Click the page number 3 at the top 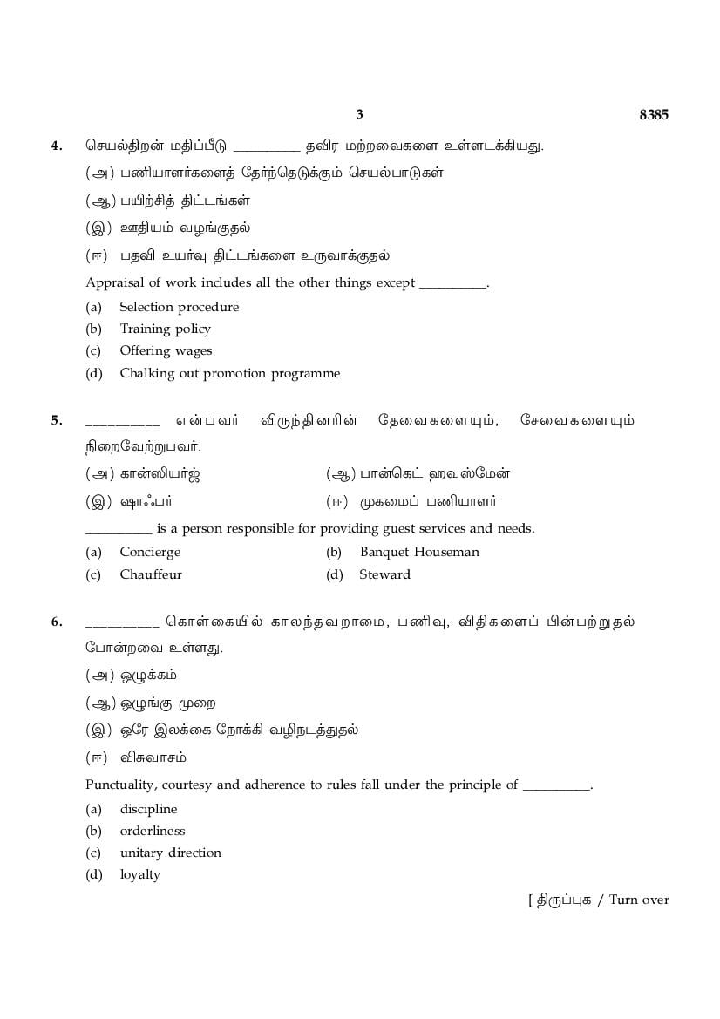(x=359, y=114)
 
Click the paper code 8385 (x=654, y=114)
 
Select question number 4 (x=57, y=146)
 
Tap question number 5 (x=57, y=420)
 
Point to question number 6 (x=57, y=622)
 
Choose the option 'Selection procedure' (x=179, y=307)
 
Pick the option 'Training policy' (x=165, y=329)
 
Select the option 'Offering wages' (x=166, y=350)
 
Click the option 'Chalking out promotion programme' (x=229, y=373)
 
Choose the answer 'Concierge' (x=150, y=552)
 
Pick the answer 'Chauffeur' (x=151, y=574)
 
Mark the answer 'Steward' (x=384, y=574)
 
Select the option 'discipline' (x=148, y=809)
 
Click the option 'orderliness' (x=153, y=831)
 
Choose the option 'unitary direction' (x=170, y=853)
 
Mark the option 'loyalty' (x=139, y=874)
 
